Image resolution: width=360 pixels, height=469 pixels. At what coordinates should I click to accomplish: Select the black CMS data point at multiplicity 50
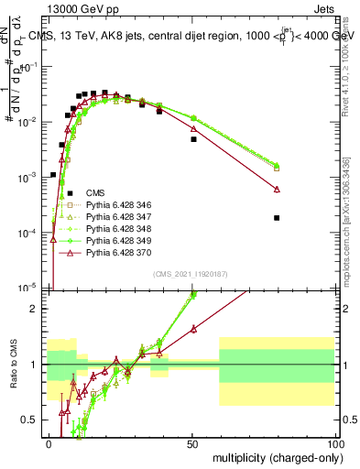point(193,139)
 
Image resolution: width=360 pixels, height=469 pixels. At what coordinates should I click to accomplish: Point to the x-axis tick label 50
point(192,442)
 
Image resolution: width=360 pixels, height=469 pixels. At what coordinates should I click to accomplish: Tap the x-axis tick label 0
point(49,442)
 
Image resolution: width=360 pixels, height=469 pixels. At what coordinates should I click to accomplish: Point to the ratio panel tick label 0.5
point(36,420)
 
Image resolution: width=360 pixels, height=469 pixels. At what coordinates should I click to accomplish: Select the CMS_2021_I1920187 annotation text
point(191,274)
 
